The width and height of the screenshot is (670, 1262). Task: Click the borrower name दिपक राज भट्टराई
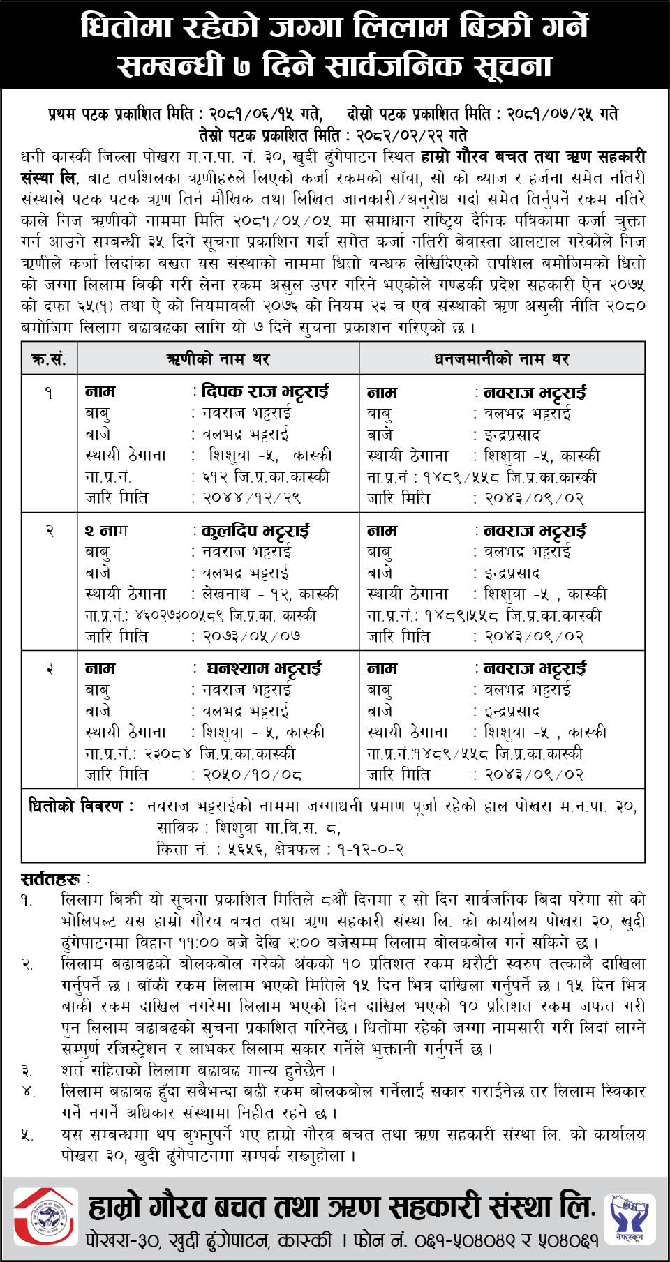point(265,391)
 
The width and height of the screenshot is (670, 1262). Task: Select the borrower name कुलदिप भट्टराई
point(255,531)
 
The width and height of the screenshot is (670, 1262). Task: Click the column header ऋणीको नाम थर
point(218,359)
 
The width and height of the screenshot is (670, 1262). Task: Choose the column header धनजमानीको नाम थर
point(501,359)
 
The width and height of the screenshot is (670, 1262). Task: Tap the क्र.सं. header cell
point(49,359)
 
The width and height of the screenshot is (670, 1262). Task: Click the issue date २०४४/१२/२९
point(251,498)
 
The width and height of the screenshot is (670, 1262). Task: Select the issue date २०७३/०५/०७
point(251,636)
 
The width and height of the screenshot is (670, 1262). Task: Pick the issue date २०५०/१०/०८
point(251,774)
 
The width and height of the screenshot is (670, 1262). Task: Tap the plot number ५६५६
point(246,849)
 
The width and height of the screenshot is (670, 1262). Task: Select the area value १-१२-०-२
point(371,849)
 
